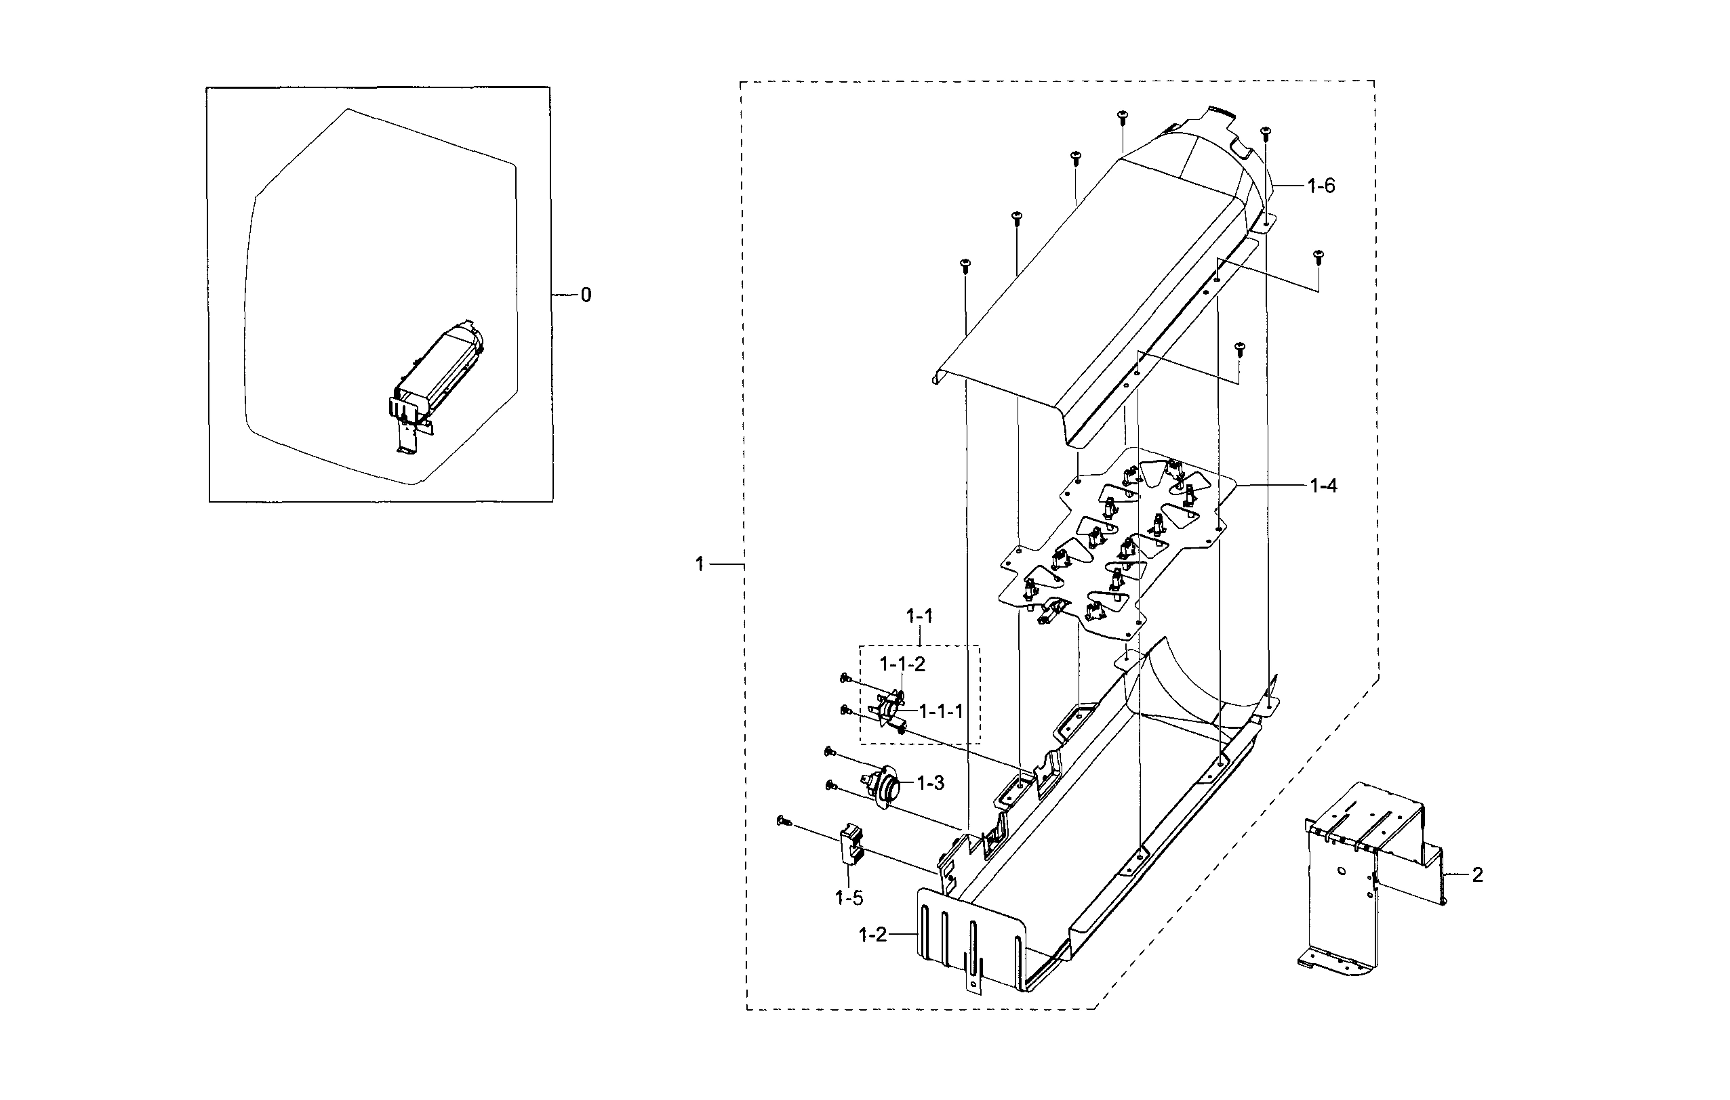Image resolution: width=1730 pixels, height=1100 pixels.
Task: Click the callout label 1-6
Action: [x=1321, y=187]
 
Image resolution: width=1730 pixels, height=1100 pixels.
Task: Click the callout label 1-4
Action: [x=1323, y=486]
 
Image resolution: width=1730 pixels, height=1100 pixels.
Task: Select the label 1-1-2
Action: [x=902, y=665]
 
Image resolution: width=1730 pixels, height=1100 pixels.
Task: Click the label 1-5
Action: [x=849, y=897]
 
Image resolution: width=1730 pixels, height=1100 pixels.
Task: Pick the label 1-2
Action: [x=872, y=935]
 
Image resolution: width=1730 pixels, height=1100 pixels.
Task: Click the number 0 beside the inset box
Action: [x=586, y=295]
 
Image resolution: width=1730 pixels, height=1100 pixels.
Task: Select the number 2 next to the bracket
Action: [x=1477, y=874]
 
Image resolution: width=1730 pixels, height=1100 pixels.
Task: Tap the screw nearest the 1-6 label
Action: [x=1265, y=131]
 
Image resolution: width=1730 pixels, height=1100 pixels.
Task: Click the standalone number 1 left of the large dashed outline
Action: [x=699, y=564]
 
